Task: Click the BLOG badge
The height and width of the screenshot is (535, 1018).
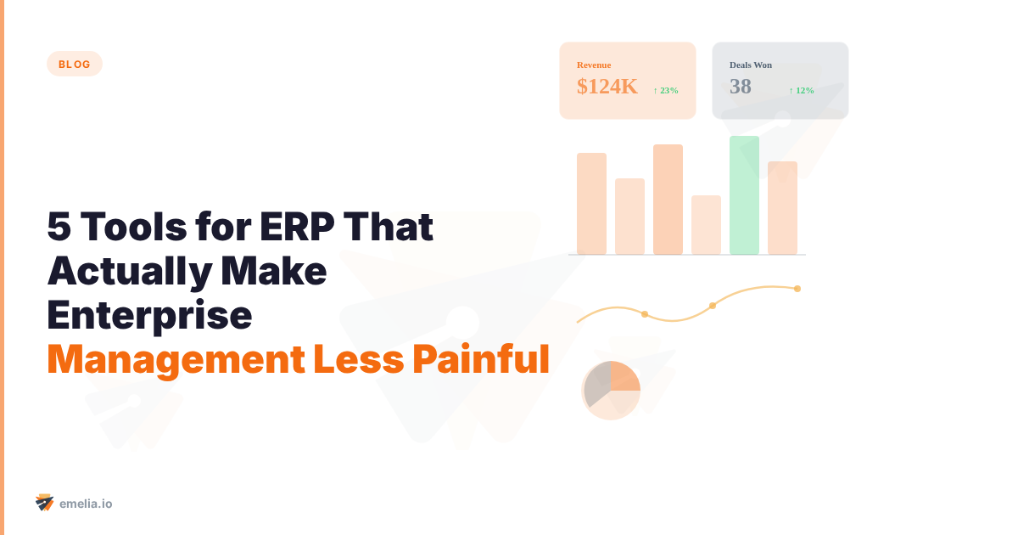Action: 75,64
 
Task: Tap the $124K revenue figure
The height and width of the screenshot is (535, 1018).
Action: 607,86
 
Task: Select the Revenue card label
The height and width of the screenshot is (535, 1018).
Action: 594,65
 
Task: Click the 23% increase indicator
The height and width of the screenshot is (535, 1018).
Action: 666,90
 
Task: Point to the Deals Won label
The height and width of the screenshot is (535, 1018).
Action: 751,65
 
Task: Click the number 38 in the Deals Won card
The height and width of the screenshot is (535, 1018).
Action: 741,86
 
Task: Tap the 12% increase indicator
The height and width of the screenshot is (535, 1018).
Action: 802,90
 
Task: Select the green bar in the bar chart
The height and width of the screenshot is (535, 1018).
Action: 744,195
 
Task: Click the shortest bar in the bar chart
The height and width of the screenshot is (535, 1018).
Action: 706,225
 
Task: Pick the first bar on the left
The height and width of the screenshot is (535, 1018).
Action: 591,204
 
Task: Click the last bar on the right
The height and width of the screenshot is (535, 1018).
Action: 782,208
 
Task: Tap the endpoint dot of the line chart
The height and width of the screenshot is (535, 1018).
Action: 797,289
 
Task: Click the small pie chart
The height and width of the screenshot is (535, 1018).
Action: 611,390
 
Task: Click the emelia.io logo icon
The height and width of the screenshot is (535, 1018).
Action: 44,503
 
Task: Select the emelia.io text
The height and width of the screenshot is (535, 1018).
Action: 87,504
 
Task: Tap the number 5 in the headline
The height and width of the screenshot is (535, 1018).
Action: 59,228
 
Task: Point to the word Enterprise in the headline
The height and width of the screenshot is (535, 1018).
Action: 149,315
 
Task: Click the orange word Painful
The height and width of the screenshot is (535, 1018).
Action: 480,359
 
